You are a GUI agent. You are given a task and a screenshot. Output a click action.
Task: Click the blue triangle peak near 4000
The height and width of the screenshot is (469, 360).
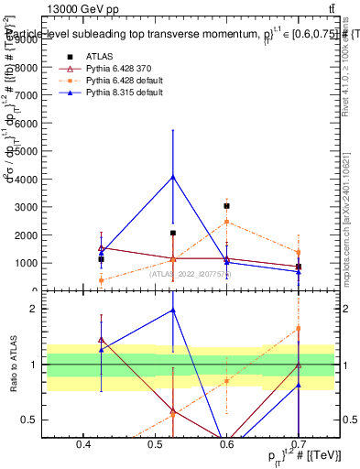coord(173,177)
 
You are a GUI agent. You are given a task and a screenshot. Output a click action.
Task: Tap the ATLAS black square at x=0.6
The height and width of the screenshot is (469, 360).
coord(226,206)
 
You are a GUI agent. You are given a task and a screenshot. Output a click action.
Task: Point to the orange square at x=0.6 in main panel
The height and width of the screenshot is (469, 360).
coord(226,222)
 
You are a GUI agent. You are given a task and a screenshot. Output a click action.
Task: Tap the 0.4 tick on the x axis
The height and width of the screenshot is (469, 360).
coord(83,444)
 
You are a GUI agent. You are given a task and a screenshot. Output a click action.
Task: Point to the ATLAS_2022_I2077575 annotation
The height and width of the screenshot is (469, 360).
coord(191,273)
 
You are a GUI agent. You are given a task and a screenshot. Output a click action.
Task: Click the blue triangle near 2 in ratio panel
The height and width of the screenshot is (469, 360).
coord(173,311)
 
